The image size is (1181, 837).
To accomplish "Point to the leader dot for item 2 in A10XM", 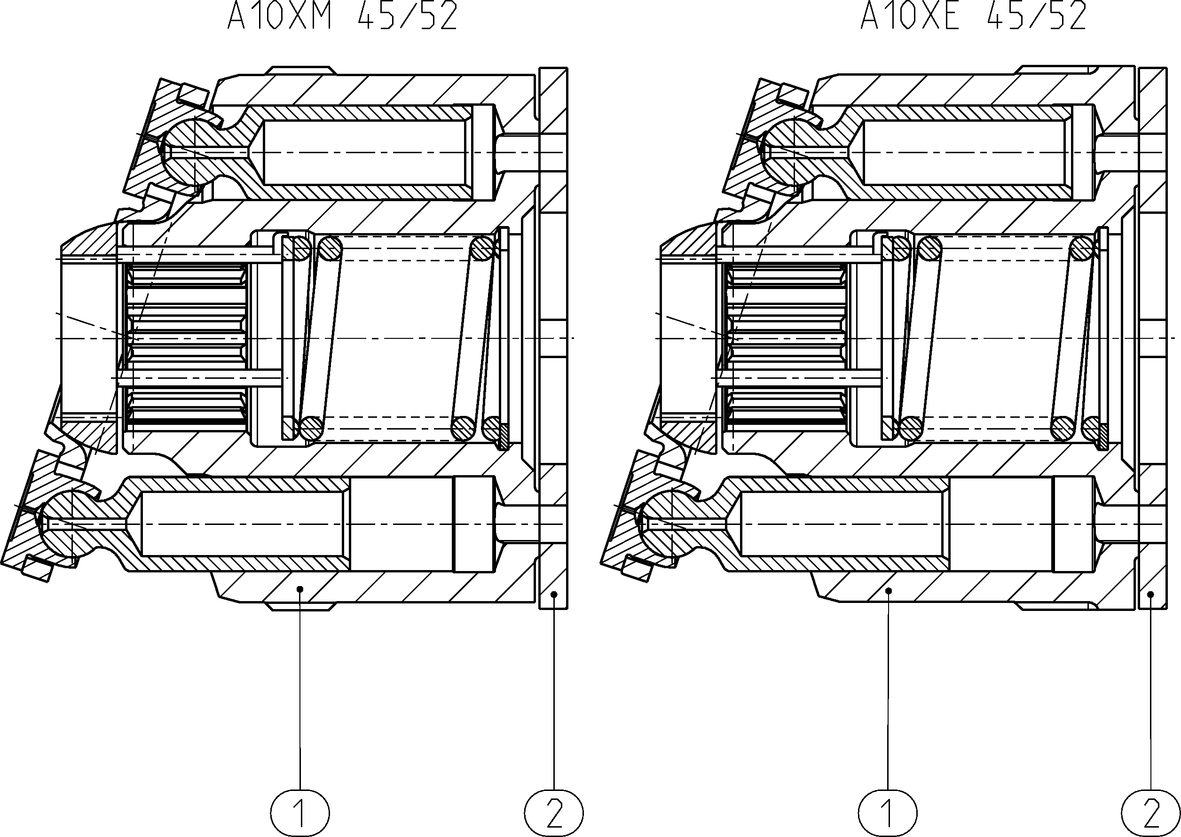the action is (x=554, y=594).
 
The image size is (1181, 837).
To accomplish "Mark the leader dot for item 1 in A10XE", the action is (x=888, y=591).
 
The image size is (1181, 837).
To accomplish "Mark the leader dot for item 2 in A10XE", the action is (x=1150, y=594).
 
